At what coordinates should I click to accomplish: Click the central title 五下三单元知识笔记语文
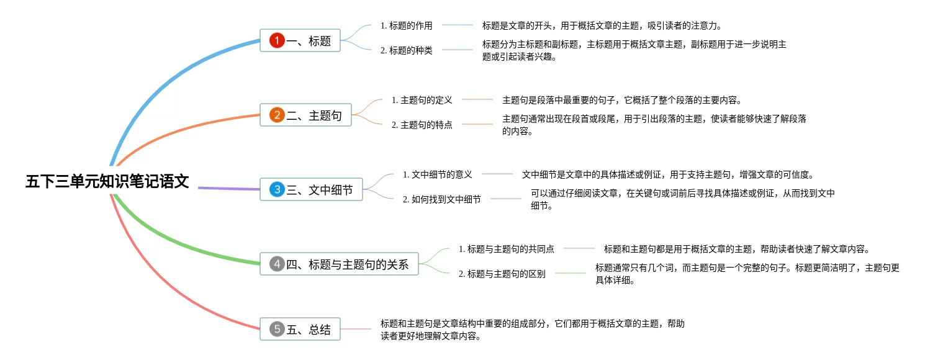click(x=107, y=182)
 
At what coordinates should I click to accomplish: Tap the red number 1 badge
click(x=277, y=41)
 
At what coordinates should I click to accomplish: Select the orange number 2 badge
click(x=277, y=115)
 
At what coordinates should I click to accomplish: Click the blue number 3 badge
click(x=277, y=190)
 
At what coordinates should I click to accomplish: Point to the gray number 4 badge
click(x=277, y=264)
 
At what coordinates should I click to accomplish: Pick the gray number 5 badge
click(x=277, y=330)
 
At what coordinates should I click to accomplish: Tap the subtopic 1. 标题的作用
click(x=406, y=26)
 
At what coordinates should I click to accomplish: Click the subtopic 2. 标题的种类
click(x=406, y=51)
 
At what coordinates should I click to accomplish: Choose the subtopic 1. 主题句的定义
click(x=422, y=100)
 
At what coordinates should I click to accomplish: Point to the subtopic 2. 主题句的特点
click(x=422, y=125)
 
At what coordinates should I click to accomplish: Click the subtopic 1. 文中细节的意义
click(x=437, y=174)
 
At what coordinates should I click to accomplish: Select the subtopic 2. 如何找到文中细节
click(x=441, y=199)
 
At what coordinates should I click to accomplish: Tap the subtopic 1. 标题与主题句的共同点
click(x=506, y=249)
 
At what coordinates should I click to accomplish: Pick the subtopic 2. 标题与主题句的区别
click(x=502, y=274)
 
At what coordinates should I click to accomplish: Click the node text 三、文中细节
click(x=320, y=190)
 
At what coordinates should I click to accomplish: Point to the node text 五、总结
click(x=309, y=330)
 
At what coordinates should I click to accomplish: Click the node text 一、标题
click(x=309, y=42)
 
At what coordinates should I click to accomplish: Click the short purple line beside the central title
click(x=228, y=188)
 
